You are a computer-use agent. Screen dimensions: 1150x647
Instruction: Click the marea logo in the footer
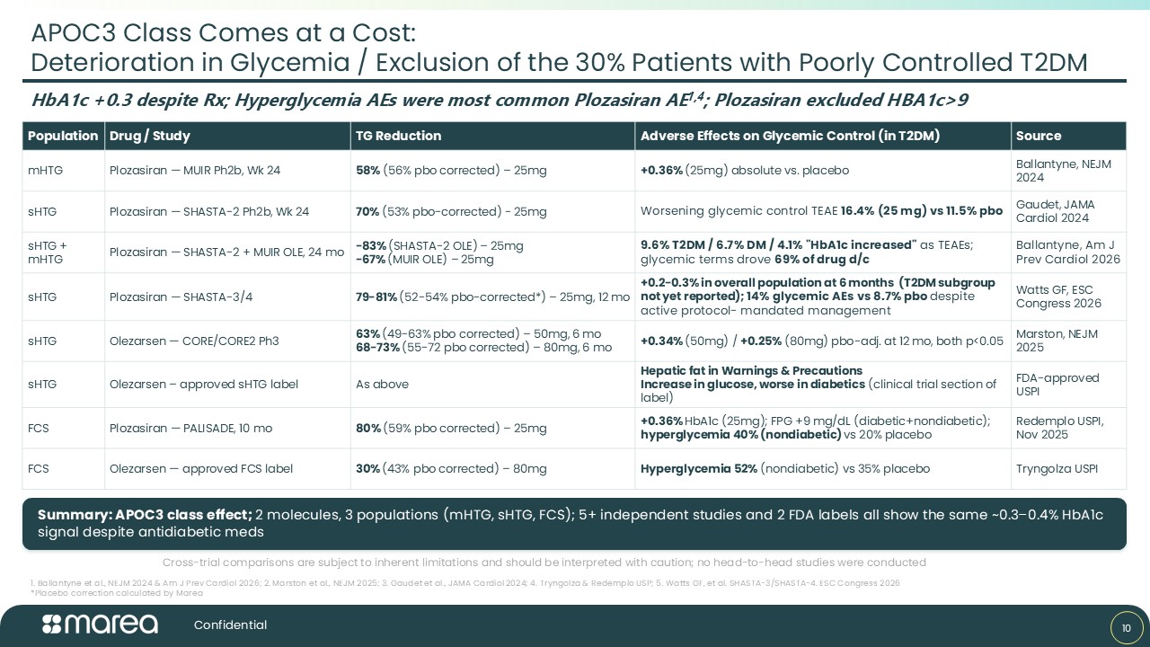click(100, 625)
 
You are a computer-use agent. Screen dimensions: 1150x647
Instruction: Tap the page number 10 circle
click(1127, 628)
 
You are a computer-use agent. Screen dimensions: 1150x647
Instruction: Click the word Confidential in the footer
click(230, 625)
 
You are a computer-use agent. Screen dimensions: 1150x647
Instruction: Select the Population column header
click(63, 136)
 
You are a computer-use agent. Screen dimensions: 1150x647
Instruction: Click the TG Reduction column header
click(398, 136)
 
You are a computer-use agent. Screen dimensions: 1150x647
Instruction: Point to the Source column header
click(1038, 136)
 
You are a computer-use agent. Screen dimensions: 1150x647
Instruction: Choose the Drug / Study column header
click(149, 136)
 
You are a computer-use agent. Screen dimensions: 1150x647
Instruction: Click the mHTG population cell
click(45, 171)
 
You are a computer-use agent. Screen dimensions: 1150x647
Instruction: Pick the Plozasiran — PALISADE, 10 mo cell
click(190, 429)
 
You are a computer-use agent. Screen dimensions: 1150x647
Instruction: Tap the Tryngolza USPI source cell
click(1057, 469)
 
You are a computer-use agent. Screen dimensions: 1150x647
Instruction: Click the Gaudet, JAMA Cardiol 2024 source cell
click(1055, 211)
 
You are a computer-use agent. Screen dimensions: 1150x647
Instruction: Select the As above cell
click(382, 384)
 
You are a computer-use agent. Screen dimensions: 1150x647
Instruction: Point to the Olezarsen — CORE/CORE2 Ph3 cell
click(193, 341)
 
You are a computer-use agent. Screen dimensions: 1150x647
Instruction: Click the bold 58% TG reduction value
click(367, 171)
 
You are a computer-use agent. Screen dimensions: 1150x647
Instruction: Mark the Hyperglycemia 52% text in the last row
click(699, 469)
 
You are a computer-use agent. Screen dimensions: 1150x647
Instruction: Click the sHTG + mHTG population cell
click(48, 253)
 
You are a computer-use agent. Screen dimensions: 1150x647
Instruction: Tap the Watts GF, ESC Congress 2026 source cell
click(1058, 297)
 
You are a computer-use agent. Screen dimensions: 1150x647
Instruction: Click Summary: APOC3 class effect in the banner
click(145, 515)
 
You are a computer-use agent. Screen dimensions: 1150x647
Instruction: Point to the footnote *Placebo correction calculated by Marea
click(117, 593)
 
